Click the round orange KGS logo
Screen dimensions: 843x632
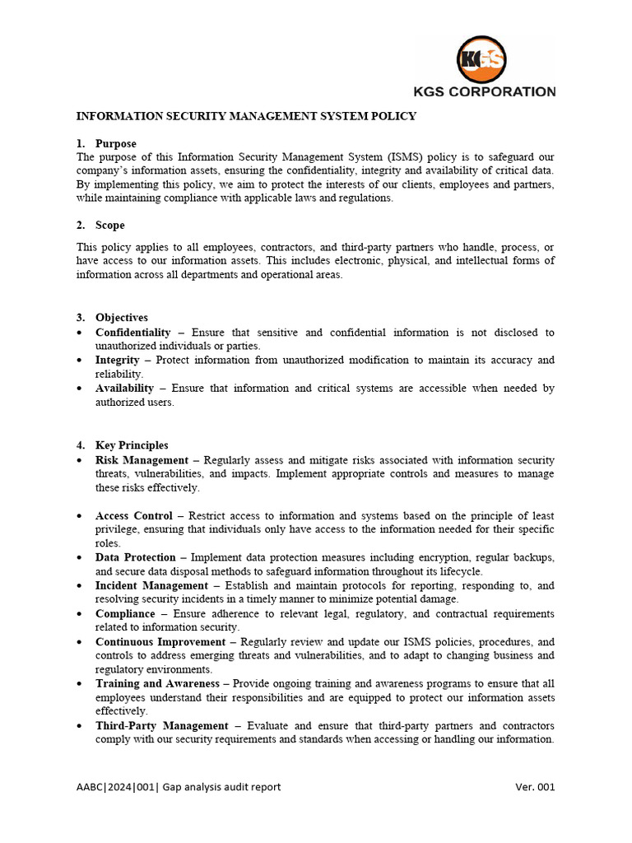[482, 59]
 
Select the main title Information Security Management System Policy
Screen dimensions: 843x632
[246, 117]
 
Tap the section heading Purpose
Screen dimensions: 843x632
[116, 143]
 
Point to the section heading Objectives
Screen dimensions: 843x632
[122, 317]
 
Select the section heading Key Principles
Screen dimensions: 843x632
[132, 445]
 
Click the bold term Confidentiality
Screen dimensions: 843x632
[133, 332]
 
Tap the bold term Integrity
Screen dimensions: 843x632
[118, 360]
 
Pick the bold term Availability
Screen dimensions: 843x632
[124, 388]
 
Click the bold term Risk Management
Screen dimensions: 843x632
[142, 460]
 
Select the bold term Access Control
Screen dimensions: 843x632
[134, 515]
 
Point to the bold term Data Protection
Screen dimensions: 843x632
[136, 557]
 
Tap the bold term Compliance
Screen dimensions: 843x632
[125, 613]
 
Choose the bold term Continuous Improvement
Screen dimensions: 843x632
[160, 641]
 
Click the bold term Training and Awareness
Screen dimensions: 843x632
[157, 683]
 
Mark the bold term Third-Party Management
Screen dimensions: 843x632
[161, 725]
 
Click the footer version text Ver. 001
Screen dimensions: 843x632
[535, 787]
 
